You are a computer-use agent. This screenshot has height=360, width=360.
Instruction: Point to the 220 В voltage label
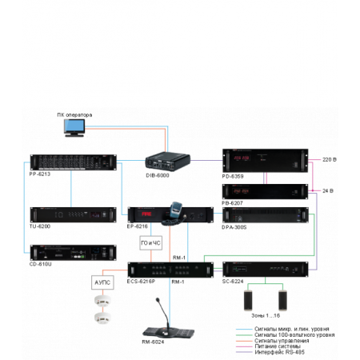pyautogui.click(x=330, y=160)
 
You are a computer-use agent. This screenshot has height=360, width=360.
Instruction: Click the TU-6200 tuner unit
pyautogui.click(x=68, y=215)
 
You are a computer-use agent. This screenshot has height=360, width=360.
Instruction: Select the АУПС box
pyautogui.click(x=103, y=282)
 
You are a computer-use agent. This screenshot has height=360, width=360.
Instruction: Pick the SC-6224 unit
pyautogui.click(x=264, y=270)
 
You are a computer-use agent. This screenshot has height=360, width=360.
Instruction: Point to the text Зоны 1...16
pyautogui.click(x=262, y=317)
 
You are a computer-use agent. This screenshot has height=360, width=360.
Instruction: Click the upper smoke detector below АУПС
pyautogui.click(x=102, y=301)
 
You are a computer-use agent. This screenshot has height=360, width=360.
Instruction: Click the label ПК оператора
pyautogui.click(x=74, y=114)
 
